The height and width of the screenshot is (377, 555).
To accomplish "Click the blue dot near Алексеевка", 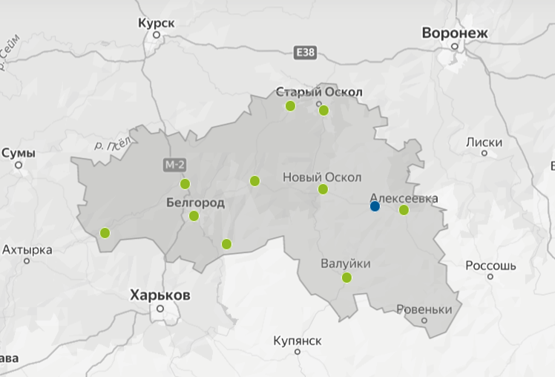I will (x=375, y=206).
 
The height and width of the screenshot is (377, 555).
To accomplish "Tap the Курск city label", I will (x=157, y=23).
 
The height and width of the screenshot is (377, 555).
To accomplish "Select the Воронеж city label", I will (x=455, y=33).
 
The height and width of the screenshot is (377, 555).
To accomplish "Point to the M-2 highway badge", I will (x=171, y=163).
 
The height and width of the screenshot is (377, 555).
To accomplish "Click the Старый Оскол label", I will (x=319, y=92).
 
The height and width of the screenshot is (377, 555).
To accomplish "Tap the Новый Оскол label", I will (x=322, y=177).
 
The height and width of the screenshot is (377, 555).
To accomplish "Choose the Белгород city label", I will (x=195, y=202).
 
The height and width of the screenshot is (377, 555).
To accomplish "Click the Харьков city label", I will (x=160, y=295).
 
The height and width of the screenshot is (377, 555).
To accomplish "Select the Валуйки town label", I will (x=346, y=263).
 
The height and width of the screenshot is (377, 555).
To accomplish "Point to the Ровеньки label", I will (x=424, y=309).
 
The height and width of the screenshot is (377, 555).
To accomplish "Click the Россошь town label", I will (x=490, y=265).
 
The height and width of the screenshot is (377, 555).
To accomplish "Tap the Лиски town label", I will (x=485, y=142).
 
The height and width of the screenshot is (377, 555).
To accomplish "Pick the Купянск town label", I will (x=297, y=341).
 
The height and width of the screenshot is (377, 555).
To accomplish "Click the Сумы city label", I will (x=19, y=153).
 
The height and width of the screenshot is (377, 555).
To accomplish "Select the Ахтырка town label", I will (x=27, y=249).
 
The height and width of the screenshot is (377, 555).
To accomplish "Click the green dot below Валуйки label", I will (x=347, y=278).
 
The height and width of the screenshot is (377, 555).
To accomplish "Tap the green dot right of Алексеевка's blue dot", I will (x=404, y=210).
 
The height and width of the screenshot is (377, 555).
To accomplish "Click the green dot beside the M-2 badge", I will (x=185, y=184).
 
